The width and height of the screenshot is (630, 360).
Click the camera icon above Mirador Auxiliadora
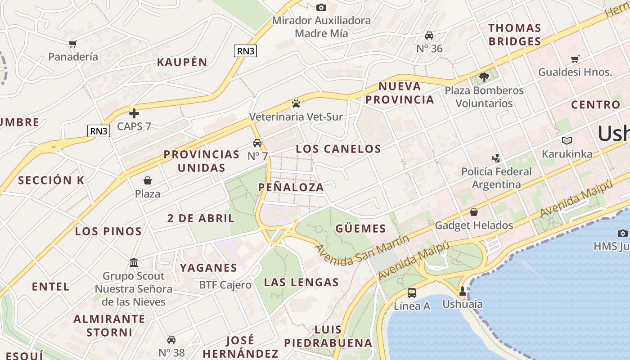321,7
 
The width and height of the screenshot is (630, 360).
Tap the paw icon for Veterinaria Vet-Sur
296,103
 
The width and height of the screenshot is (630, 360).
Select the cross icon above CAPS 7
134,113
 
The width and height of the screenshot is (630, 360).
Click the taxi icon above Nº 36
429,36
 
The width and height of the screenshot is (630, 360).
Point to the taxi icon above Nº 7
257,143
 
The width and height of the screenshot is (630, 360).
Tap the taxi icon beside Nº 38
171,339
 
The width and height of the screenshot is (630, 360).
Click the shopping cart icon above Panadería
72,44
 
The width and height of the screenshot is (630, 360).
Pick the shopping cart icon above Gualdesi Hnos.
575,59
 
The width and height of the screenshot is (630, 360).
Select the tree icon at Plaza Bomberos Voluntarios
484,77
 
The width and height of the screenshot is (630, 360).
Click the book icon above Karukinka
567,141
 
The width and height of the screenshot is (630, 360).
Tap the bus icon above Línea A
411,293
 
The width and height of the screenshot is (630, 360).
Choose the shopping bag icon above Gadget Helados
473,212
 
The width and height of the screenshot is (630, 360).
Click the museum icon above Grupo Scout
134,262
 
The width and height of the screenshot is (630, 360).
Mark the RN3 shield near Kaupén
246,51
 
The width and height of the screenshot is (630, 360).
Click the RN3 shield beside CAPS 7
99,131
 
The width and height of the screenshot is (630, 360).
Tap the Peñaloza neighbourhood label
291,187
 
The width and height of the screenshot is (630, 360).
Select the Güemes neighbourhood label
360,229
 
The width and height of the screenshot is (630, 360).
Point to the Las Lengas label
301,283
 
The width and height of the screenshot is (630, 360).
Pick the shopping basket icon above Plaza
148,181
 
